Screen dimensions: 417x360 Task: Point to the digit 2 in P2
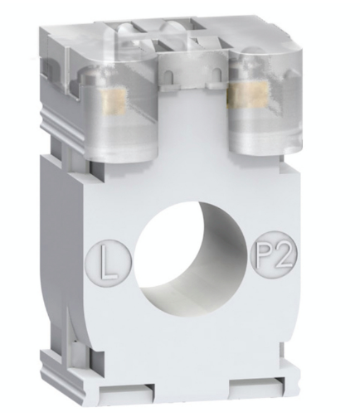click(x=275, y=249)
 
